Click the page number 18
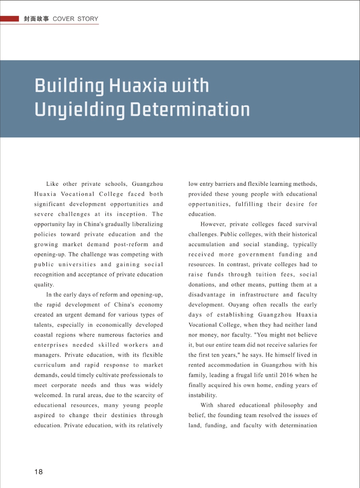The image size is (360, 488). [x=38, y=472]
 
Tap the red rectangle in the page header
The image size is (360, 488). [x=10, y=19]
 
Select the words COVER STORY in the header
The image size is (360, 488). [x=75, y=19]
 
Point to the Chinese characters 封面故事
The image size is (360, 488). [x=36, y=19]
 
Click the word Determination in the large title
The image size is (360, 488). [x=190, y=109]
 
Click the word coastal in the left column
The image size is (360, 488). [x=45, y=335]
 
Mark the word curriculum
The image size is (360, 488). [x=50, y=365]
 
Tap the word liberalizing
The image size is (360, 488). [x=144, y=224]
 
